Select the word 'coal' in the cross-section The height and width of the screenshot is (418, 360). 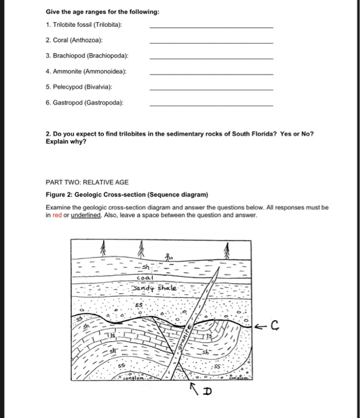pos(146,278)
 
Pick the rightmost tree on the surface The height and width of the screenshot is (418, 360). pos(227,248)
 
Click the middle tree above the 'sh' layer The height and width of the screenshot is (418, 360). pos(141,248)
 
